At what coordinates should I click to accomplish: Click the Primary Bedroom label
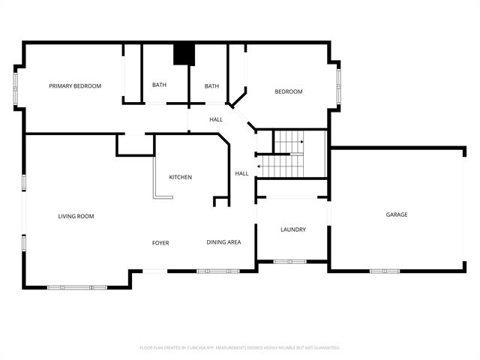[75, 86]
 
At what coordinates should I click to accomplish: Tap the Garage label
[397, 214]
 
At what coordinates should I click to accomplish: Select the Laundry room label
[293, 229]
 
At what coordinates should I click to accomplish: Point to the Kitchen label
[180, 177]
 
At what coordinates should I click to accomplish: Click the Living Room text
[76, 216]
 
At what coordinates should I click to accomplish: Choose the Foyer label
[160, 243]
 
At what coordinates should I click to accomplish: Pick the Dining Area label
[223, 242]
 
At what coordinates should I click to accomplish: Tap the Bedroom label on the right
[289, 91]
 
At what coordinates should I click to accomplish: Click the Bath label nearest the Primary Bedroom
[159, 85]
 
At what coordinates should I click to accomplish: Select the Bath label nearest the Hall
[211, 85]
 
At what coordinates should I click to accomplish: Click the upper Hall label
[216, 119]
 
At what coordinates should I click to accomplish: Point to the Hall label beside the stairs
[241, 173]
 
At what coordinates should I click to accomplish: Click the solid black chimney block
[184, 54]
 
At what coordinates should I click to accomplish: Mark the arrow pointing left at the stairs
[259, 166]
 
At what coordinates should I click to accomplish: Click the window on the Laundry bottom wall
[290, 262]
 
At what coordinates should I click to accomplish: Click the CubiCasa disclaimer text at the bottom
[240, 348]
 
